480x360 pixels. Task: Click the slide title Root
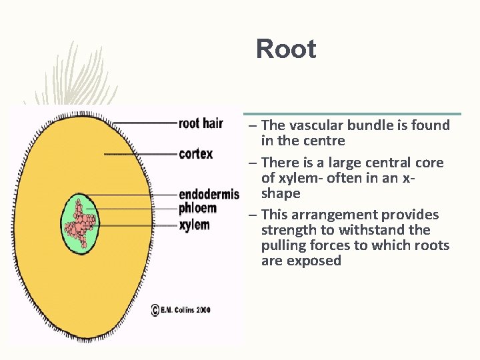tap(286, 49)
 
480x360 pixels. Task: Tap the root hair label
tap(201, 123)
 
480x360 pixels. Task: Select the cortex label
tap(196, 154)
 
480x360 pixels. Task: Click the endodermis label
tap(209, 195)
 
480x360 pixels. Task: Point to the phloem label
tap(197, 209)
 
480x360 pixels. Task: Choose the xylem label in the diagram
tap(194, 225)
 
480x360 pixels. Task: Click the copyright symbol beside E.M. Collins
tap(155, 310)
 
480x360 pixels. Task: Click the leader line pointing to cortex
tap(140, 154)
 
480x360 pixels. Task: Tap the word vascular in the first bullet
tap(315, 125)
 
